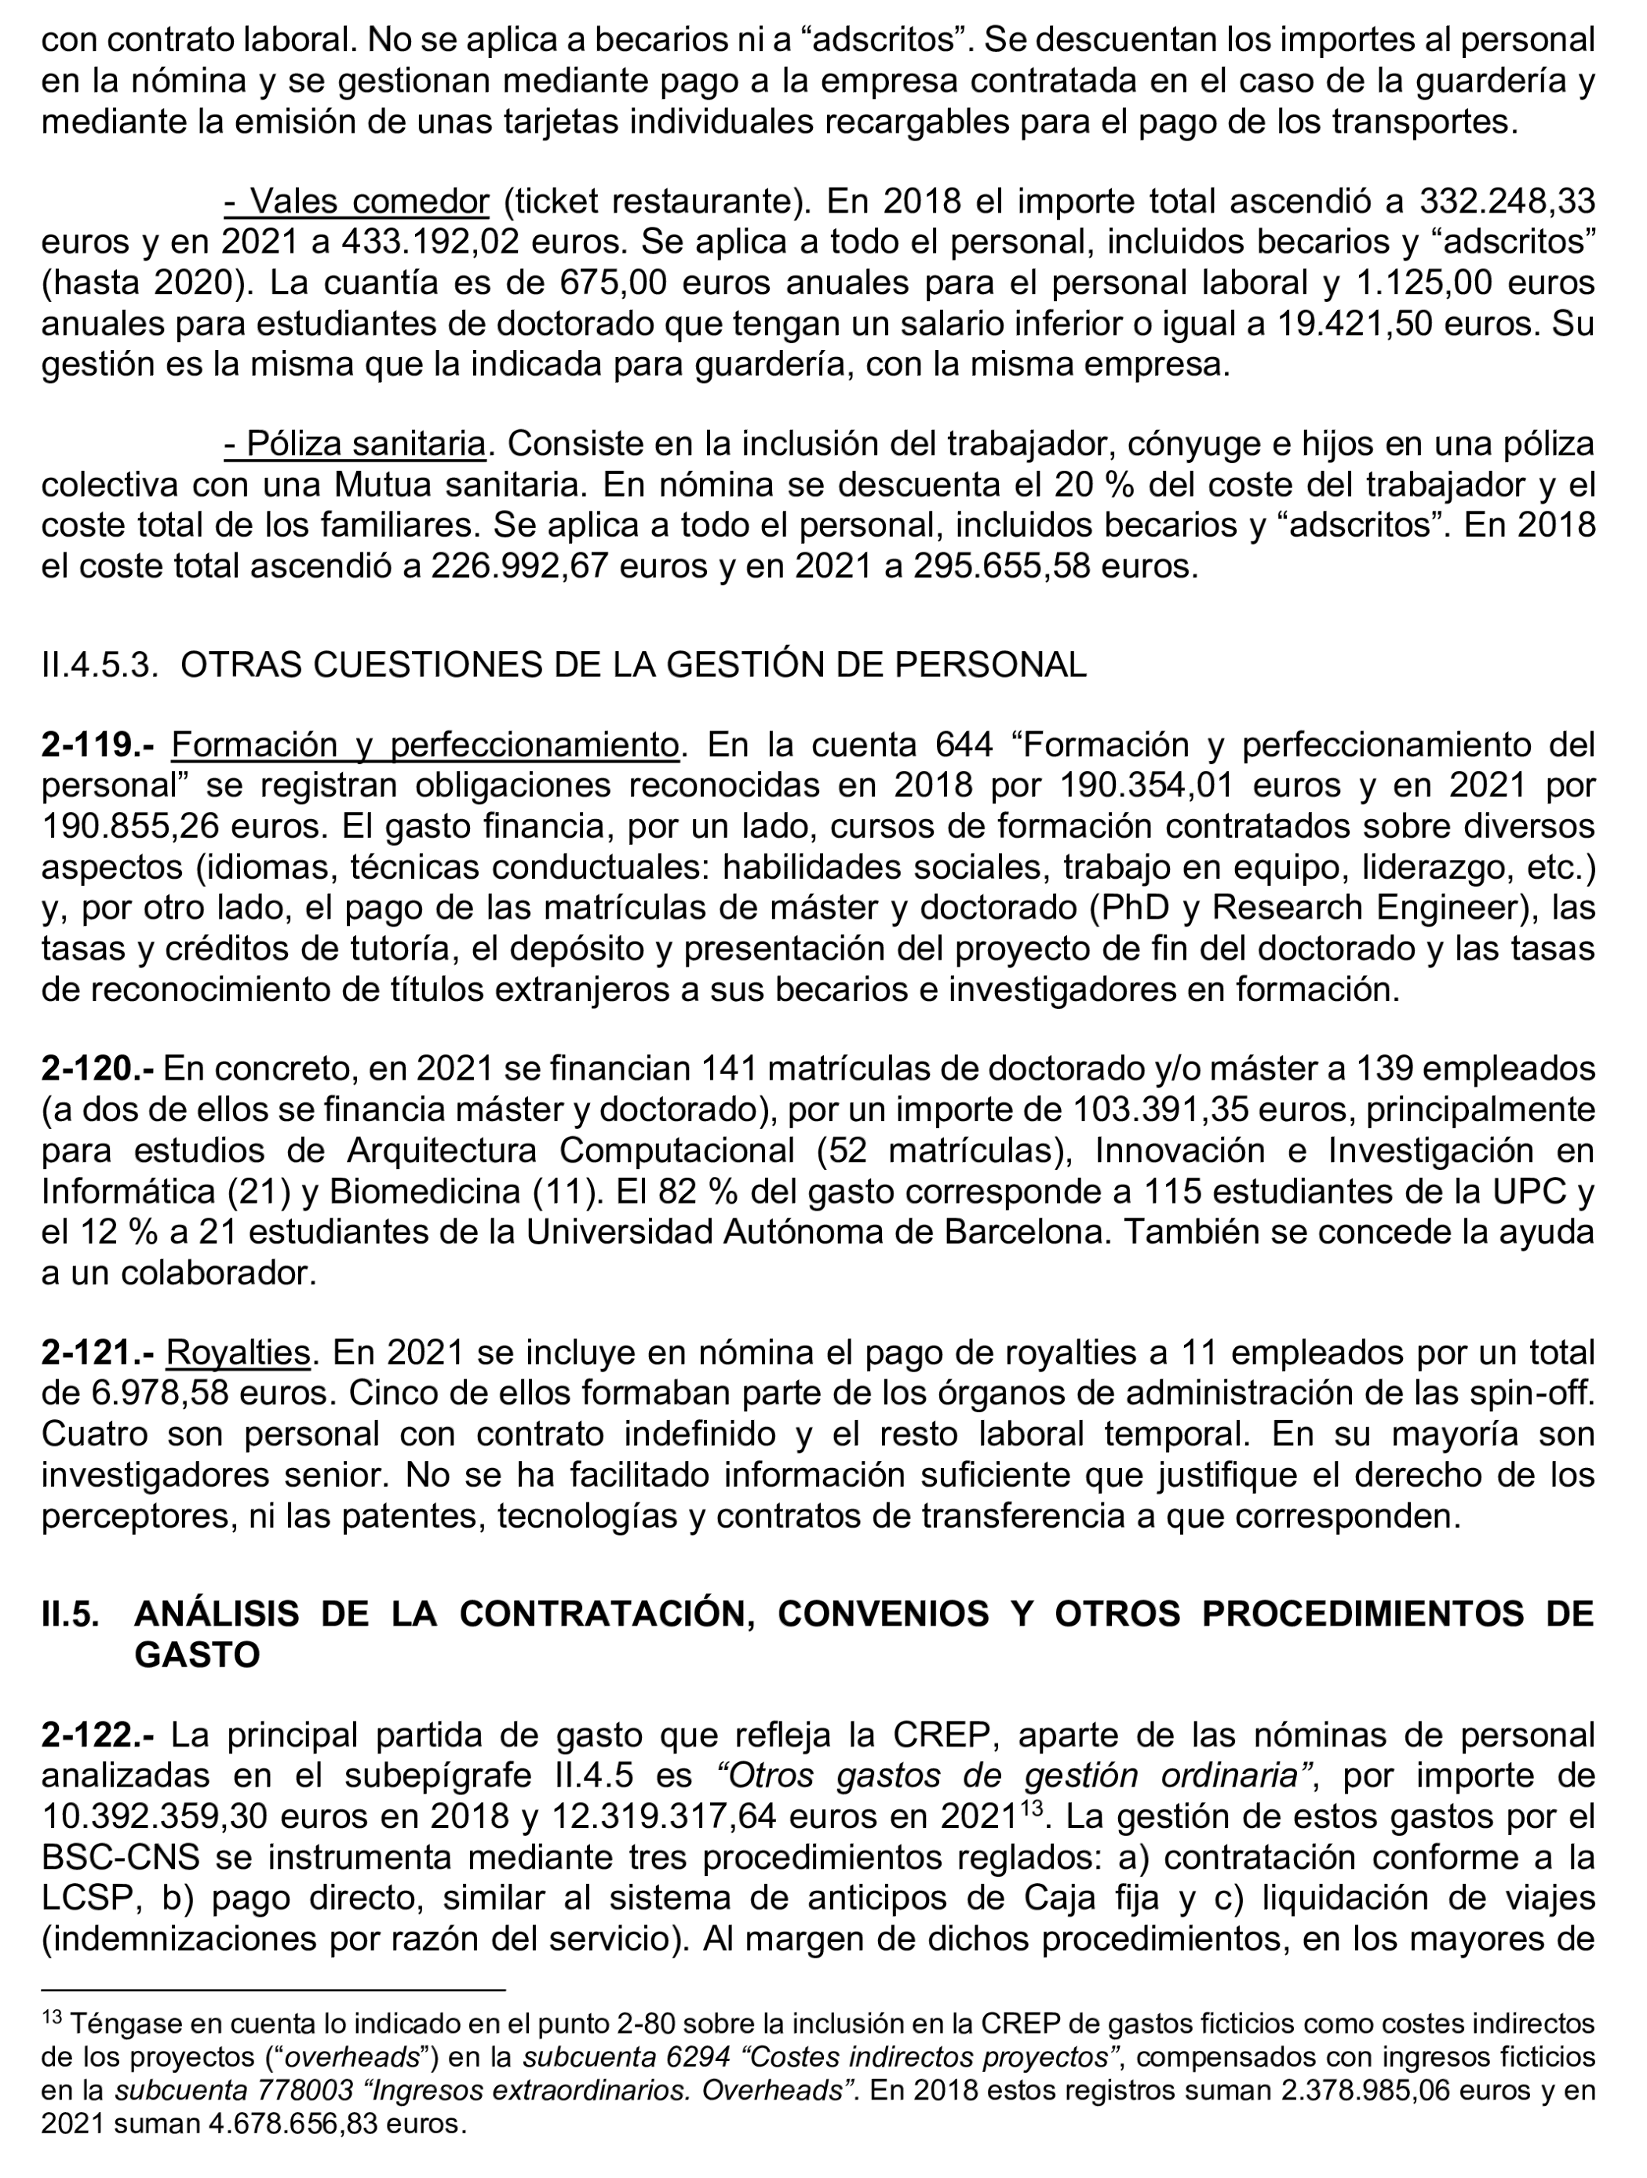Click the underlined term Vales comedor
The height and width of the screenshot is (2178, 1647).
(x=356, y=201)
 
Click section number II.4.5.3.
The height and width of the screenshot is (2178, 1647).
(x=100, y=665)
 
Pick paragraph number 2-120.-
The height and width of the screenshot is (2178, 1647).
(x=97, y=1069)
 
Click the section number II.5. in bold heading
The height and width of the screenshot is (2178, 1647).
(x=70, y=1614)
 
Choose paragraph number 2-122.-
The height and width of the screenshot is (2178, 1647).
(x=97, y=1735)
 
